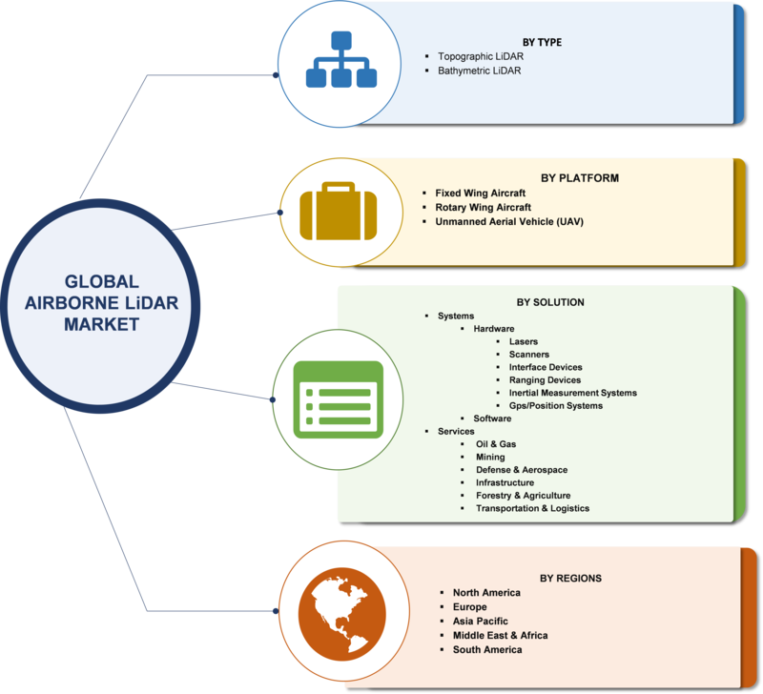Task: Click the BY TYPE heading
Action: [542, 42]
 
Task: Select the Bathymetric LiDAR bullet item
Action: [480, 71]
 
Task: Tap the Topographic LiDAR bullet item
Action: [481, 56]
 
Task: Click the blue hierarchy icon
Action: [341, 59]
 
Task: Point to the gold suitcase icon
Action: [339, 211]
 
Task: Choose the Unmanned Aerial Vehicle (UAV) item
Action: [509, 222]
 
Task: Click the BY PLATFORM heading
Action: [580, 178]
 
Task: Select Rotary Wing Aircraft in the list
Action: [483, 207]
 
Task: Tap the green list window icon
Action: [339, 399]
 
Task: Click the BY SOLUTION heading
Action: [550, 302]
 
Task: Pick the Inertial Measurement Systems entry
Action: [573, 393]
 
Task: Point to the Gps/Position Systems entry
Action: [556, 405]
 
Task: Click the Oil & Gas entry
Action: [496, 444]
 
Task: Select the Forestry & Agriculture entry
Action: [523, 495]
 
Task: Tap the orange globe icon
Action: [342, 614]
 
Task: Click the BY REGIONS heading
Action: [570, 579]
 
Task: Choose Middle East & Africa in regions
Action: [500, 635]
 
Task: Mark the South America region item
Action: [487, 650]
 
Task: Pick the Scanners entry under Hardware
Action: [529, 354]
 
